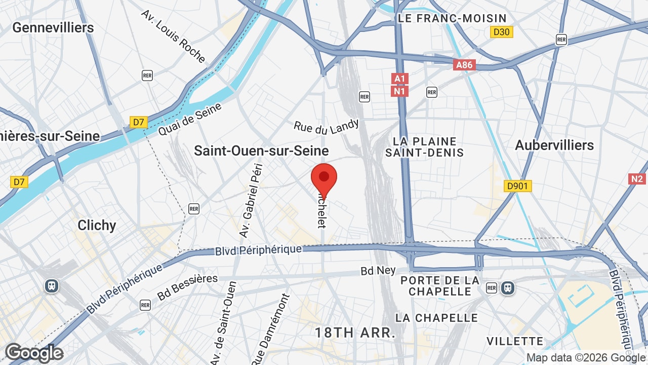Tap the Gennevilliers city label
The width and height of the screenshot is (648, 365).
(53, 27)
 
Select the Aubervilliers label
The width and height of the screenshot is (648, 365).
(554, 145)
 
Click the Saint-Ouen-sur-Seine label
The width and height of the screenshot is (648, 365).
(261, 151)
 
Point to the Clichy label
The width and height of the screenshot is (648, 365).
(97, 225)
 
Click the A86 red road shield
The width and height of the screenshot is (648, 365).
(464, 65)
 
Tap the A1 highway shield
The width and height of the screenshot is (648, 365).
(400, 79)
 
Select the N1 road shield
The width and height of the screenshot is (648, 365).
(400, 91)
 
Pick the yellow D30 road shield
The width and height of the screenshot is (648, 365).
(502, 32)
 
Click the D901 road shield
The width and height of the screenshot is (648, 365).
(517, 187)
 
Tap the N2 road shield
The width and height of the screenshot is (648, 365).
(637, 179)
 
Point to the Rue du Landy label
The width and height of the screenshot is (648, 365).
(327, 127)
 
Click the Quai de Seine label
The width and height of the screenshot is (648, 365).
(190, 120)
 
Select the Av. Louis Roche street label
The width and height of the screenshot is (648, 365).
(173, 36)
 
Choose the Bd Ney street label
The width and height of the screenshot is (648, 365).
(378, 271)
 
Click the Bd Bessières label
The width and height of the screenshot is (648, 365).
(187, 287)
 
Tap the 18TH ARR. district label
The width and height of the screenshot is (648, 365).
(355, 333)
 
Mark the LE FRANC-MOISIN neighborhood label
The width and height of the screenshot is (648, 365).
(452, 19)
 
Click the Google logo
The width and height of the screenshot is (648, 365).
(34, 353)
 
